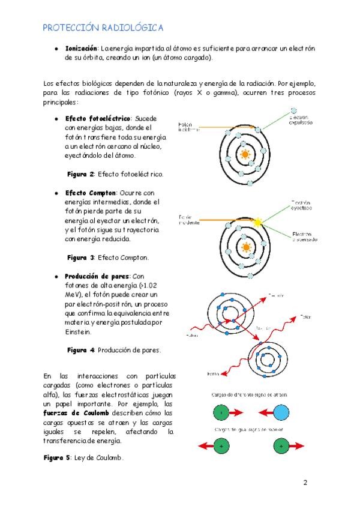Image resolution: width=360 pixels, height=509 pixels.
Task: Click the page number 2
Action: [305, 483]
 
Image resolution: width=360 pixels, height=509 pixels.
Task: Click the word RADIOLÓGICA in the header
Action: [132, 28]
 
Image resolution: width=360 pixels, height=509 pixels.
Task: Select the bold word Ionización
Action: [82, 47]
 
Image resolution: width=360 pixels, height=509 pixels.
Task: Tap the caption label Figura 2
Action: [80, 174]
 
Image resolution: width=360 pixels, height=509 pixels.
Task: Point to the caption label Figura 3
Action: [80, 258]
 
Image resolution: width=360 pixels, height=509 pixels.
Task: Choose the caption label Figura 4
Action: [80, 350]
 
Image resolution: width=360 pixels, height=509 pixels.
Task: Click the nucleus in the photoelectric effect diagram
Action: [244, 154]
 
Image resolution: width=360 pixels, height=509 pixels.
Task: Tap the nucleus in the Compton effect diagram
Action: [244, 247]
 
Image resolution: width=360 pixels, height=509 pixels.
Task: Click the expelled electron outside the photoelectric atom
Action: [293, 110]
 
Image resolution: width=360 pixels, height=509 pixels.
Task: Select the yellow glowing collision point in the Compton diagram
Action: [258, 221]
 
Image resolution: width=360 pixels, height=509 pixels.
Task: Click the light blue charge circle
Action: [280, 413]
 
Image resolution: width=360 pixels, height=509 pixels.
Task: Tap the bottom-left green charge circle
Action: [222, 447]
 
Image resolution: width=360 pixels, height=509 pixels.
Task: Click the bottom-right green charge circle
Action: [280, 447]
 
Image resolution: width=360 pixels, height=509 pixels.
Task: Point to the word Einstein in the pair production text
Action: [78, 331]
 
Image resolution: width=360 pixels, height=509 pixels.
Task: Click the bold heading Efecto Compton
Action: [91, 193]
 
